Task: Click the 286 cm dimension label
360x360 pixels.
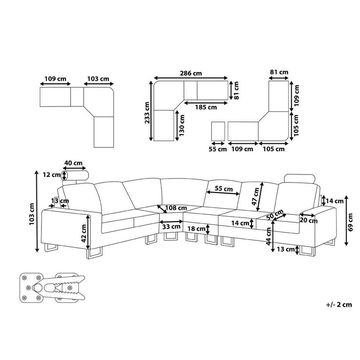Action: tap(191, 73)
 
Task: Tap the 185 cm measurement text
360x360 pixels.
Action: tap(206, 107)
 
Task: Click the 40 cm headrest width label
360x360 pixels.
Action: tap(73, 163)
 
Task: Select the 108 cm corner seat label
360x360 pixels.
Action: tap(175, 207)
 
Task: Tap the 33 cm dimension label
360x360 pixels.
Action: tap(171, 226)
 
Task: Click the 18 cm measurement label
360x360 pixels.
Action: tap(196, 229)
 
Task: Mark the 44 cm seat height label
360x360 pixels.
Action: tap(268, 236)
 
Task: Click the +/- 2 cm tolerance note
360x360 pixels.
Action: tap(338, 304)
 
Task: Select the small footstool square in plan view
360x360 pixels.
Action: tap(218, 131)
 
